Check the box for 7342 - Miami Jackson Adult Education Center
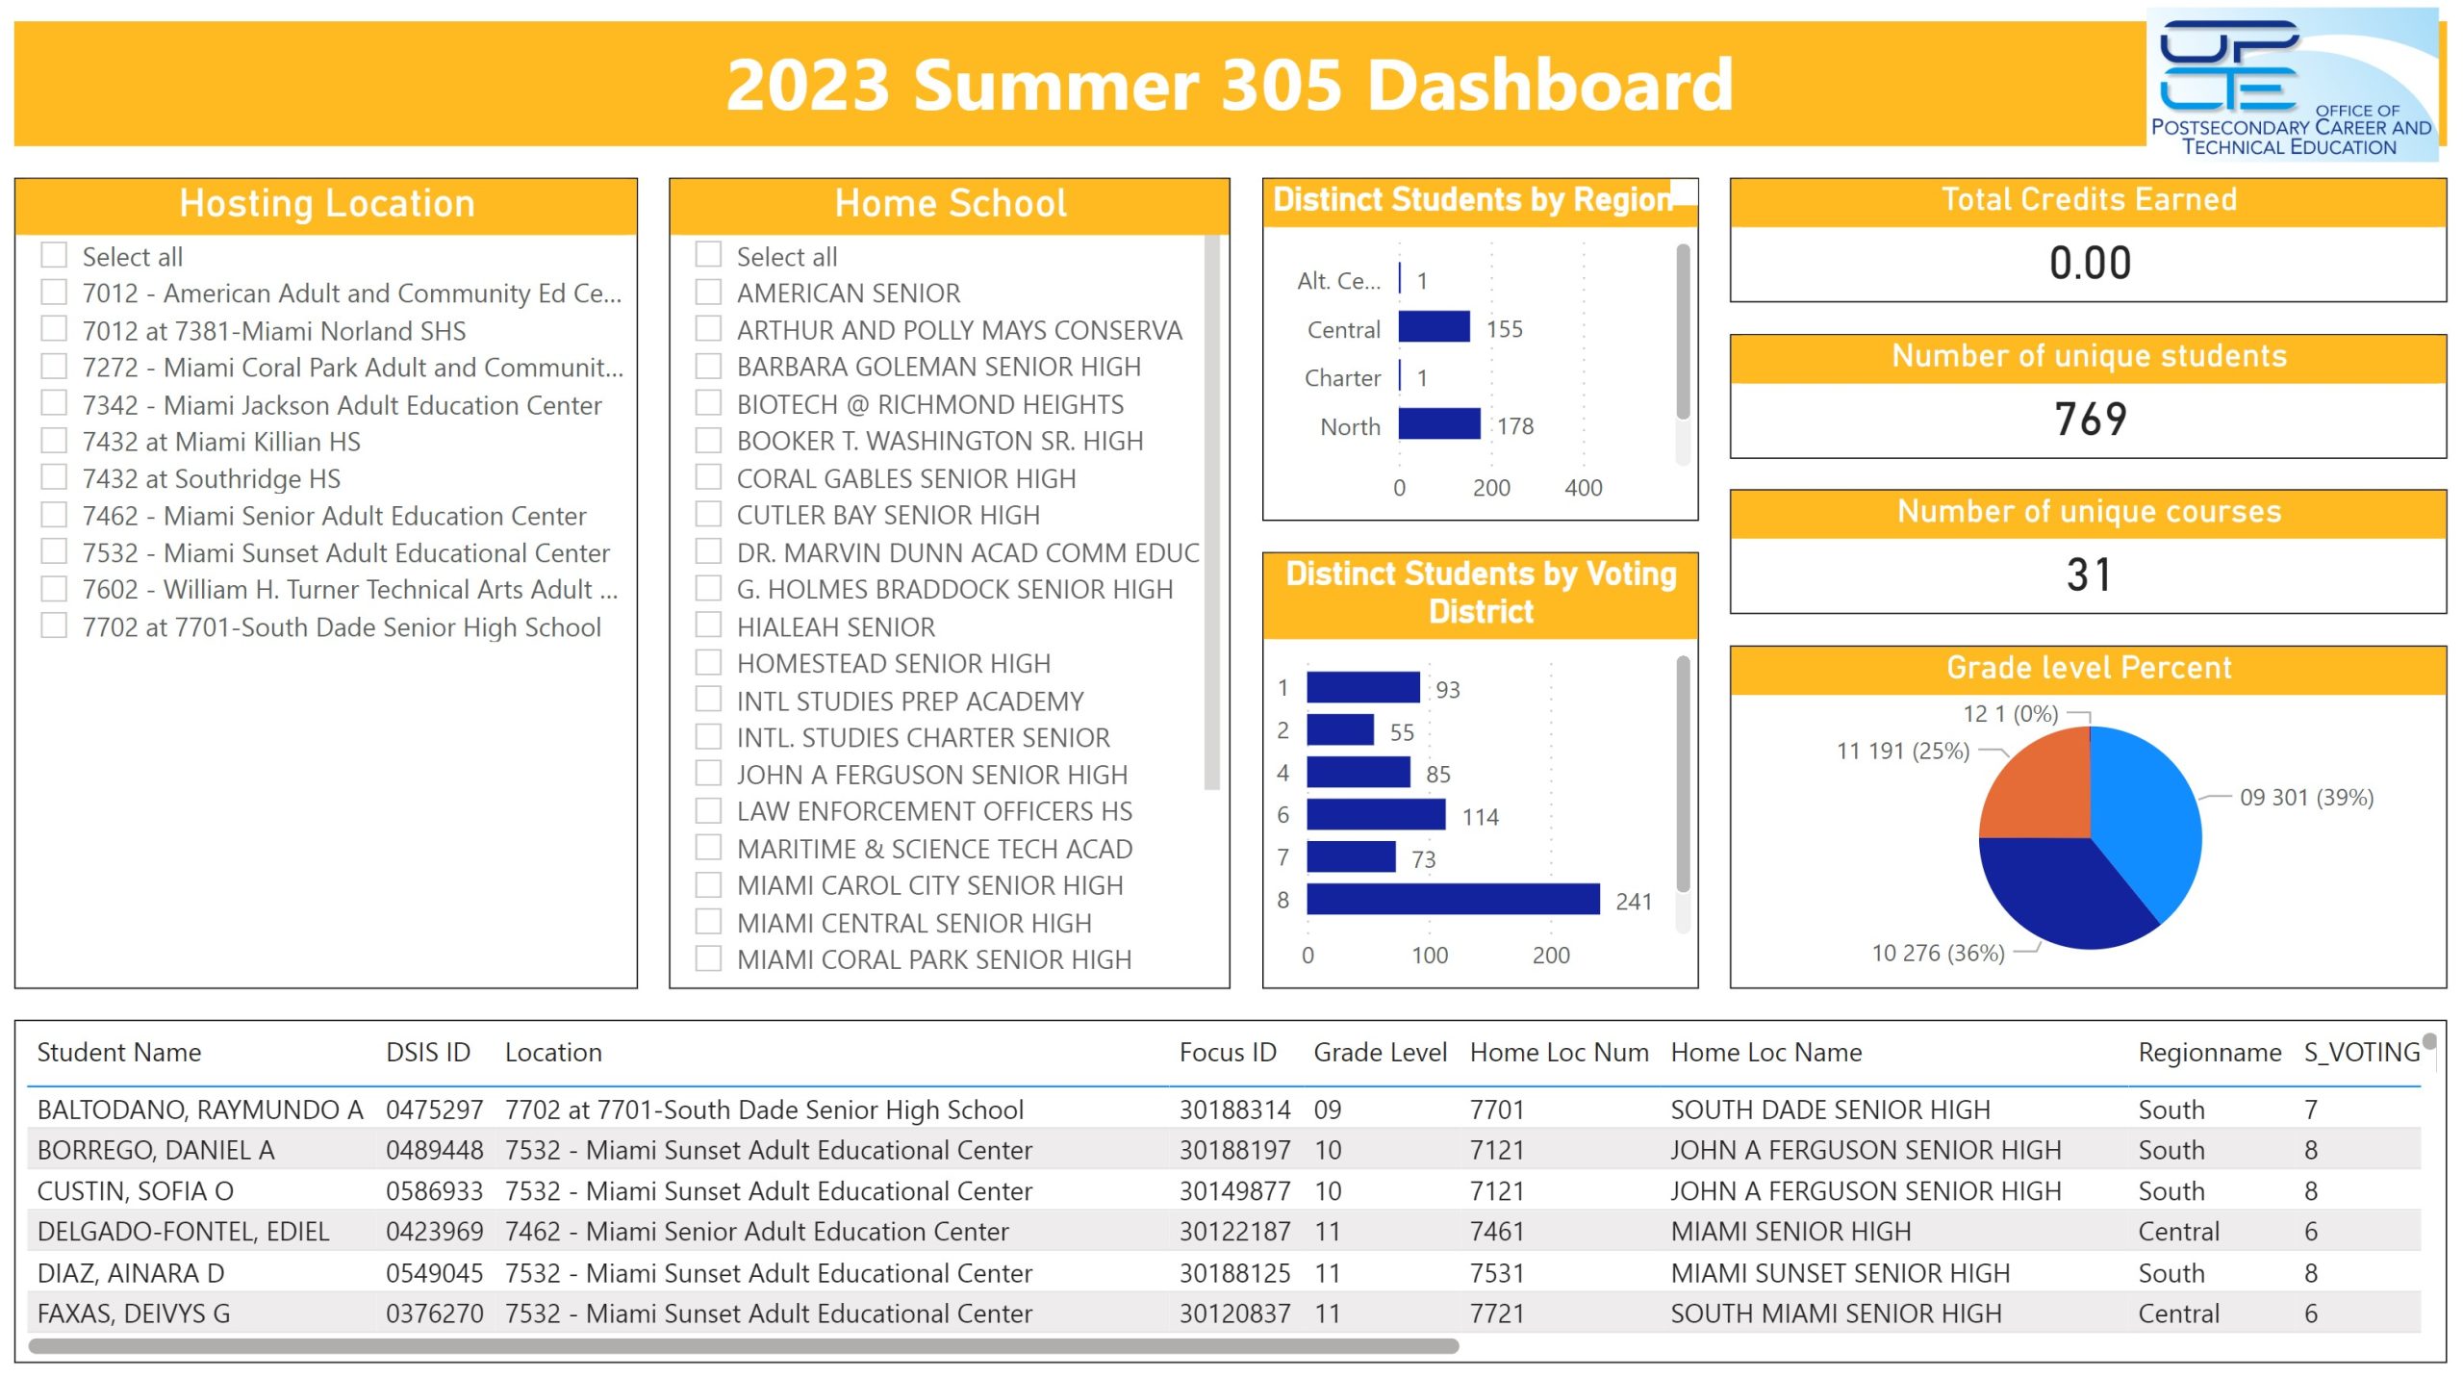point(54,403)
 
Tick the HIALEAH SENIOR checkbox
point(708,625)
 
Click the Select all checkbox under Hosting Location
point(54,255)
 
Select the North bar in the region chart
point(1438,424)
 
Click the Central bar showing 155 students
point(1434,327)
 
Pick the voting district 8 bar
point(1453,899)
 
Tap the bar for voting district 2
point(1340,729)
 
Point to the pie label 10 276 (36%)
point(1938,953)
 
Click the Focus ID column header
point(1228,1052)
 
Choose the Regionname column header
point(2209,1052)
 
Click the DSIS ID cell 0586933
point(434,1190)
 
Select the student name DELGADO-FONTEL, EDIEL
point(183,1231)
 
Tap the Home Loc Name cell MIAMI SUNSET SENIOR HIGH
point(1840,1272)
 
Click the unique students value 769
point(2090,419)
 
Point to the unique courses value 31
point(2089,574)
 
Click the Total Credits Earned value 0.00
point(2090,263)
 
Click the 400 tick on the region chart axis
point(1584,488)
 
